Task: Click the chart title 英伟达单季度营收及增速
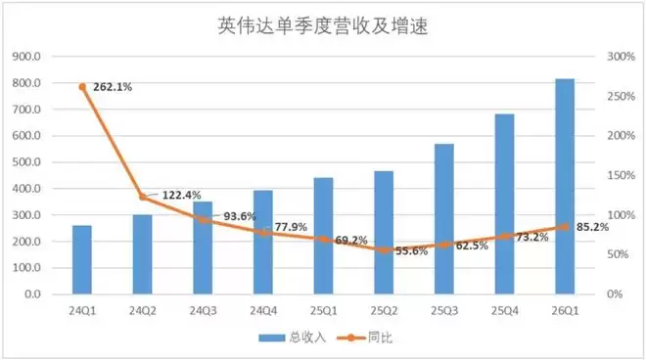[x=323, y=25]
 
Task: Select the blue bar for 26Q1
[x=565, y=186]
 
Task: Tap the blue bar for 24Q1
[x=82, y=259]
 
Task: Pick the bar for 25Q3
[x=444, y=219]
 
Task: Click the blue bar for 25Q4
[x=505, y=203]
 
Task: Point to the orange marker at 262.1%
[x=82, y=87]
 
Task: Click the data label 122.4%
[x=182, y=195]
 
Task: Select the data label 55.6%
[x=412, y=250]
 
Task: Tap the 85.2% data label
[x=592, y=227]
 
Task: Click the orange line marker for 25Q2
[x=384, y=250]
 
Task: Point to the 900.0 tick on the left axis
[x=26, y=57]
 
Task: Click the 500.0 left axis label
[x=26, y=161]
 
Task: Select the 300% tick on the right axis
[x=621, y=57]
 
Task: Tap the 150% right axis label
[x=621, y=175]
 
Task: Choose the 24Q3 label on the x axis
[x=203, y=310]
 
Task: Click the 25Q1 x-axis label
[x=323, y=310]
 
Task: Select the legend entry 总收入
[x=292, y=337]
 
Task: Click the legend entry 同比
[x=364, y=337]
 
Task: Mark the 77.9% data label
[x=291, y=227]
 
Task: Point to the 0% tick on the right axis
[x=615, y=294]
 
